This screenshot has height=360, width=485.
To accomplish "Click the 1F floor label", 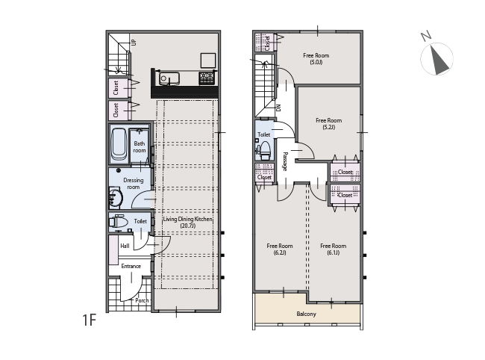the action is click(x=90, y=320).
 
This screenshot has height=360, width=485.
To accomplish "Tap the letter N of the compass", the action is click(x=426, y=36).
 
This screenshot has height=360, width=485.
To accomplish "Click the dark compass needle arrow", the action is click(x=439, y=60).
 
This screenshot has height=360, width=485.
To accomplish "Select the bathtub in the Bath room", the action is click(x=119, y=145).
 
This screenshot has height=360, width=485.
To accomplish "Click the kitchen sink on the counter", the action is click(x=169, y=78).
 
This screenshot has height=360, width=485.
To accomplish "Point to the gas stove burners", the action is click(x=208, y=78).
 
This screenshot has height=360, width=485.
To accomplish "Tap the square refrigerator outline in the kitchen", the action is click(x=208, y=60).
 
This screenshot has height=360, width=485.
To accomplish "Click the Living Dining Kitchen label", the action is click(x=188, y=222).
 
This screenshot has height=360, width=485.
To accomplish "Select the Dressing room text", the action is click(x=134, y=184).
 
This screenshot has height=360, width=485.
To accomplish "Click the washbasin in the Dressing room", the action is click(x=116, y=197).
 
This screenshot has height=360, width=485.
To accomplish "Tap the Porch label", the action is click(x=142, y=300).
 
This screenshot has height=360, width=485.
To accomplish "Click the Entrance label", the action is click(x=131, y=266).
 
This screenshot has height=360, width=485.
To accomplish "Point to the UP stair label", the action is click(x=134, y=42).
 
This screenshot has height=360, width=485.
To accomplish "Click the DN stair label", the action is click(x=278, y=108).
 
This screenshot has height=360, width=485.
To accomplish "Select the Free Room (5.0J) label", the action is click(x=316, y=58).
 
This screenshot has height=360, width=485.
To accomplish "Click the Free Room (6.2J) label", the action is click(x=280, y=249).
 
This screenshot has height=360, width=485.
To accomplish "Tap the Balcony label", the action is click(x=306, y=314).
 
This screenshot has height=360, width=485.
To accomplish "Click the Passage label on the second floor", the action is click(x=285, y=161).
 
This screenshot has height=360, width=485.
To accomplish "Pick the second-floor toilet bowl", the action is click(x=265, y=150).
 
